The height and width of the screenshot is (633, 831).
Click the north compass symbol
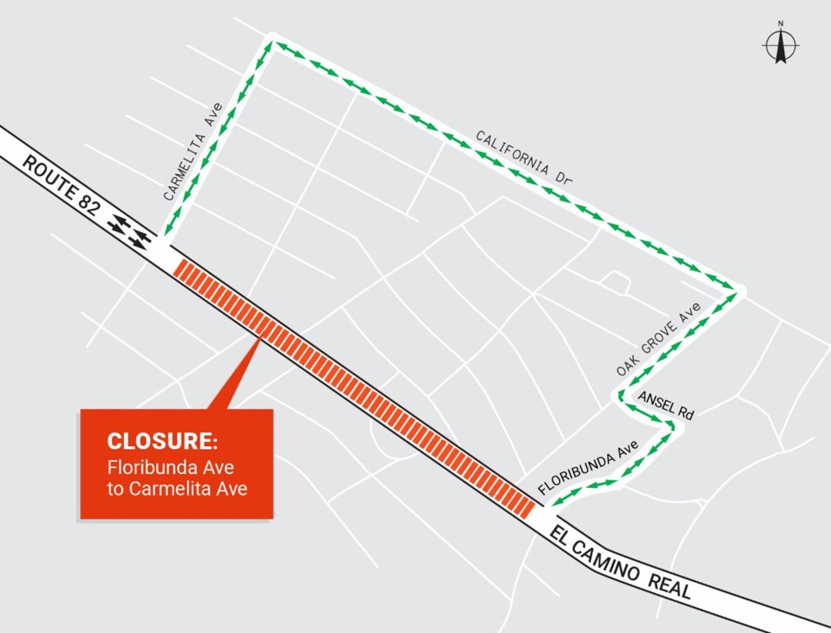coord(781,46)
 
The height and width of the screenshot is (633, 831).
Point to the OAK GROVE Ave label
coord(659,339)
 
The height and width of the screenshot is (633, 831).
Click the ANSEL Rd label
coord(665,405)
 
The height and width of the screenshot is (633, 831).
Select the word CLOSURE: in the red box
coord(162,441)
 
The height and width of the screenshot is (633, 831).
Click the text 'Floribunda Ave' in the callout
coord(170,467)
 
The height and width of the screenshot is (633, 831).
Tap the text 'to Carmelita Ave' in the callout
coord(177,488)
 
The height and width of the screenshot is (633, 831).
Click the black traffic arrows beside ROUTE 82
coord(129,231)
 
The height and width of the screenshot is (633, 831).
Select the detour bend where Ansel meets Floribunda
coord(672,425)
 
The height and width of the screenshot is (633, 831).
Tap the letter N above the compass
coord(781,23)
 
